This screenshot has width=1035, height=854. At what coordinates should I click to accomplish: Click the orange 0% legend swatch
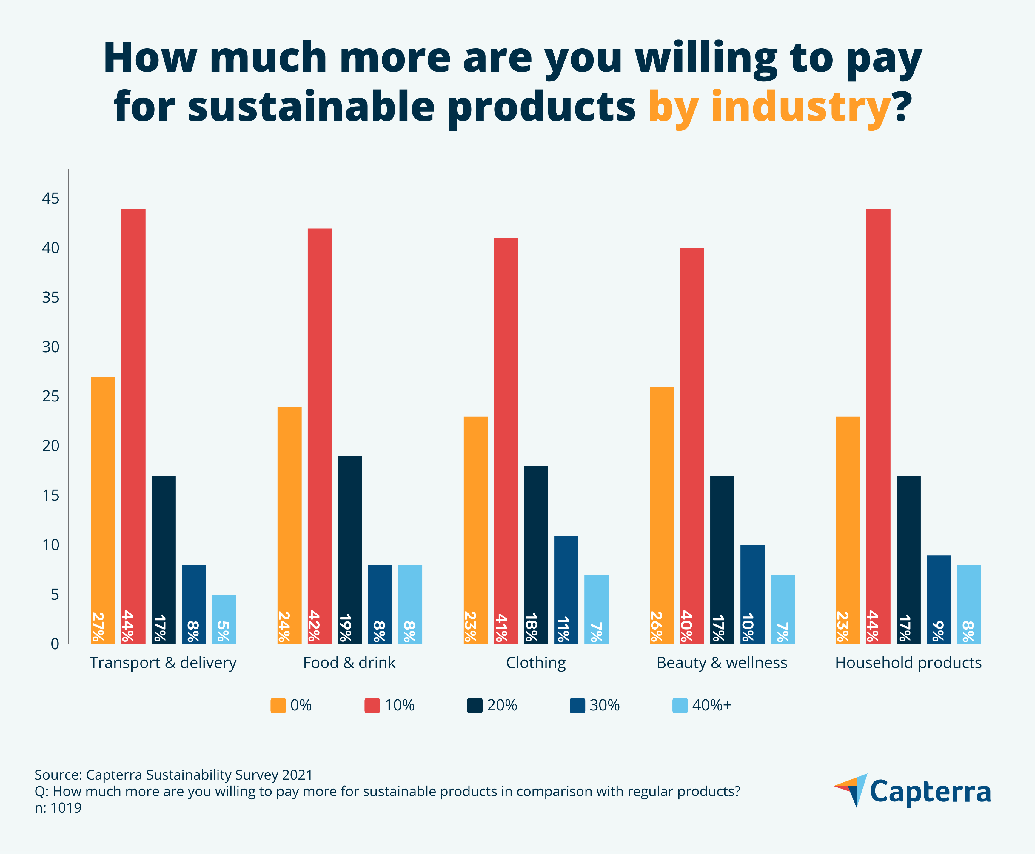[278, 705]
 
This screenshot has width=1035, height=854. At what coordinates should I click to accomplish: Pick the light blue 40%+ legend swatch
[680, 705]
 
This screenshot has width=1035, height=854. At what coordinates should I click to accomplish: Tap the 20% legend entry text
[502, 705]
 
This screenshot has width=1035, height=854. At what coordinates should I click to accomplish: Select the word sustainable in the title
[311, 107]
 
